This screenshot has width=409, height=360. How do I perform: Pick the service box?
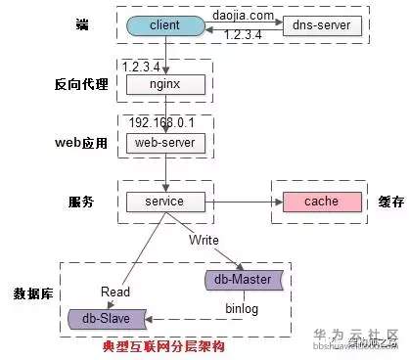coord(164,202)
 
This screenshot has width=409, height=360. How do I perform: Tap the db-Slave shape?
coord(107,318)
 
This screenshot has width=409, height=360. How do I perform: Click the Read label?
coord(116,290)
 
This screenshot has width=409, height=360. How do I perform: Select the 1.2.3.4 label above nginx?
coord(141,67)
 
